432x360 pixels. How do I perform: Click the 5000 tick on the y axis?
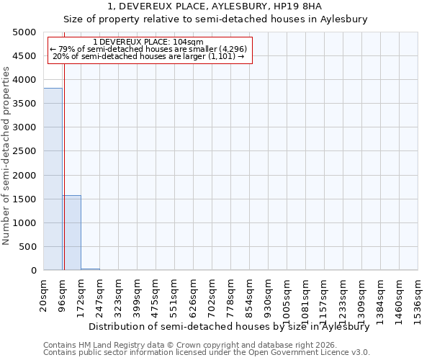pos(24,32)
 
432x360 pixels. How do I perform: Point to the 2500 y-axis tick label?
pos(24,151)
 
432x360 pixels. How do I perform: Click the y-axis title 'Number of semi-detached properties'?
pos(7,155)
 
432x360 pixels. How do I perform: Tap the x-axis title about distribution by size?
pos(229,326)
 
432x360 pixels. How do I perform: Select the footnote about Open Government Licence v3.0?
pos(207,353)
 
